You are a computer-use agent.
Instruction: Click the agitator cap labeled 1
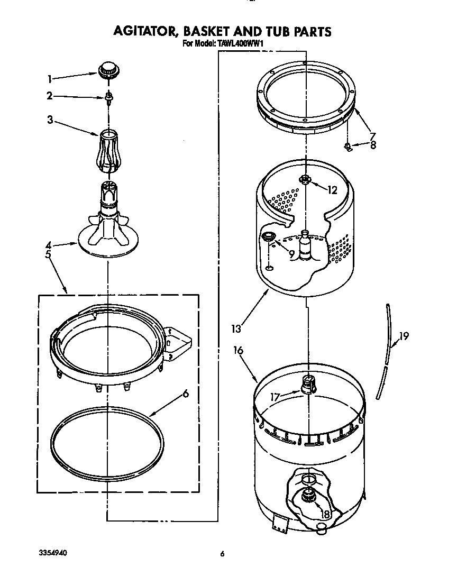point(108,68)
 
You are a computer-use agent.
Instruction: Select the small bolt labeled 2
point(108,97)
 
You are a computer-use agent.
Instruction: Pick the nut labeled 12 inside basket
point(305,179)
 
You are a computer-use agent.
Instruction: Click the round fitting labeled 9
point(269,237)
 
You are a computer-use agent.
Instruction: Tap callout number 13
point(236,328)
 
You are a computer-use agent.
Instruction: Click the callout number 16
point(239,350)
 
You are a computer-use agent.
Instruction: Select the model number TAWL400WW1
point(241,44)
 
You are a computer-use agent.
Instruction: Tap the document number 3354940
point(53,552)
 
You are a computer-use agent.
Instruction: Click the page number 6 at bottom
point(223,554)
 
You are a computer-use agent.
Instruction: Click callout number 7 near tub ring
point(372,136)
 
